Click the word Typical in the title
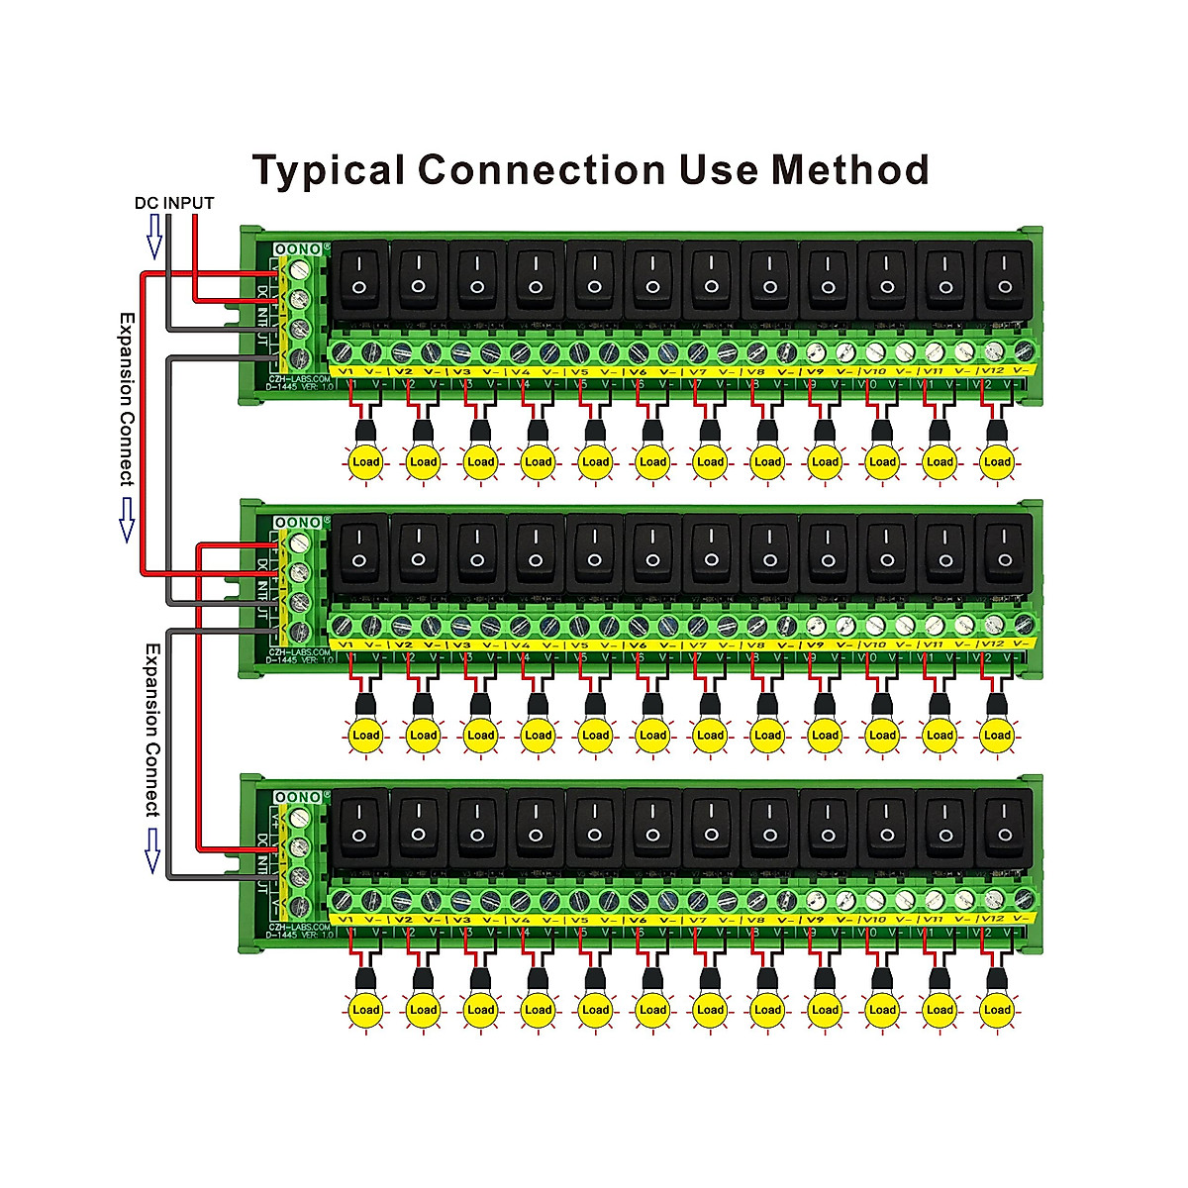point(329,170)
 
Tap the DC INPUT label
point(174,203)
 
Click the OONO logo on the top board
point(298,248)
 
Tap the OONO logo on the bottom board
point(298,797)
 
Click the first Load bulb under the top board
point(365,461)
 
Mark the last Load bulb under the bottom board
point(997,1010)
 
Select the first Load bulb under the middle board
point(365,735)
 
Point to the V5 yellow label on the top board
point(580,370)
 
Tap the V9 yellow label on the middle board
point(815,644)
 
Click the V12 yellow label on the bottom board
point(992,919)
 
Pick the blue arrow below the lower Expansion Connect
point(152,849)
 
